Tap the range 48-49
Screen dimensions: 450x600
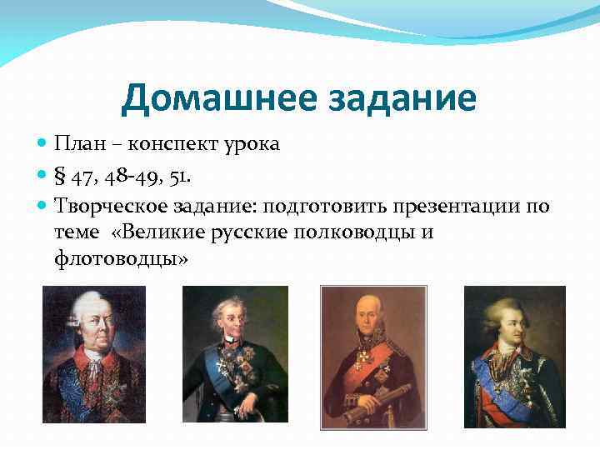137,175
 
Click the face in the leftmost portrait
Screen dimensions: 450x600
89,321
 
